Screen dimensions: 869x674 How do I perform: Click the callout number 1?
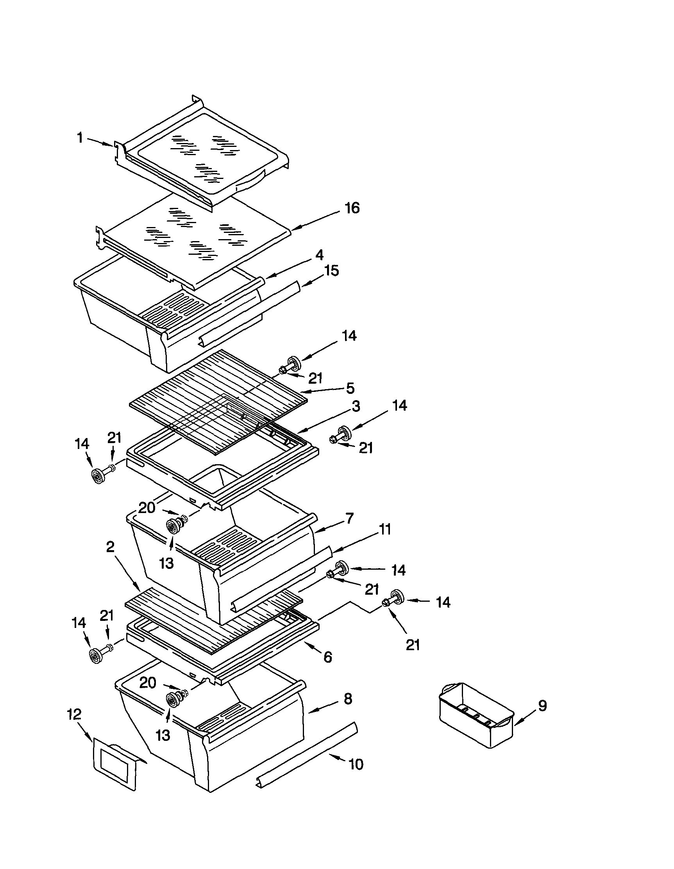80,138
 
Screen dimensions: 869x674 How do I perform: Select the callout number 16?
352,208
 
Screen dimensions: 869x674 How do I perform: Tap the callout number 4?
320,255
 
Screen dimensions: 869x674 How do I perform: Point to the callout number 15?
332,270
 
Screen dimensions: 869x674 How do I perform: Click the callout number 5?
350,388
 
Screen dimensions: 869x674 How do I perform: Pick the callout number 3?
356,406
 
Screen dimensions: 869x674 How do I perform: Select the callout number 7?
349,519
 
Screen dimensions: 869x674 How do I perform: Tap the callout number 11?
385,529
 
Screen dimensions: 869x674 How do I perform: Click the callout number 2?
110,547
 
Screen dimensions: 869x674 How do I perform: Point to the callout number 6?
328,657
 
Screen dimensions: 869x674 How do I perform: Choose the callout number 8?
348,699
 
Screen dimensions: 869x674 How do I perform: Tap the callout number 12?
74,714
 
